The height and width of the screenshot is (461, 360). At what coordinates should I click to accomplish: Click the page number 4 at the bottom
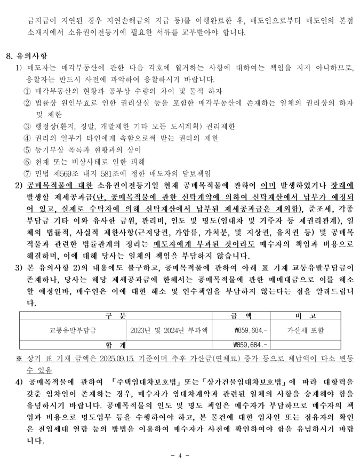coord(180,455)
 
